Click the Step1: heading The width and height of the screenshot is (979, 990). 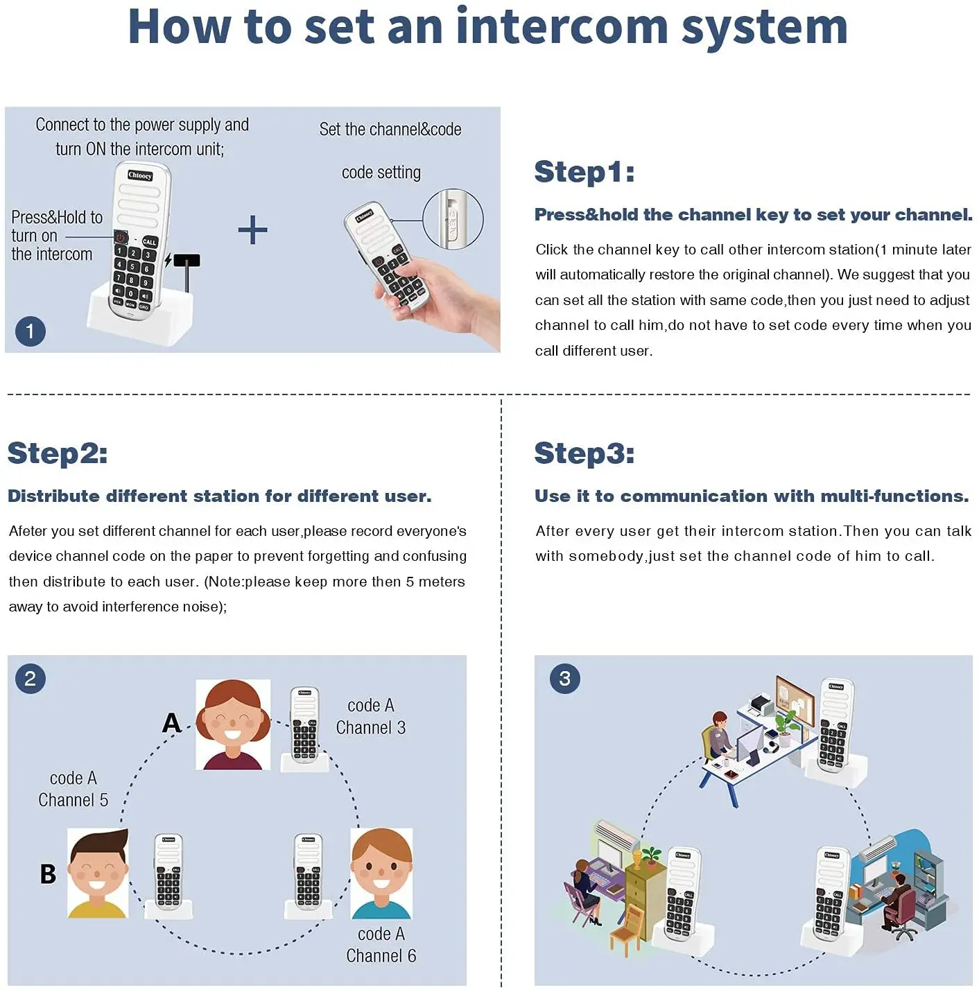(x=584, y=172)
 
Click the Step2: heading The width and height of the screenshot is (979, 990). (x=58, y=453)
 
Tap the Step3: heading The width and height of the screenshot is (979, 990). (x=584, y=453)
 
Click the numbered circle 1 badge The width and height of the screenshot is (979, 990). (x=30, y=331)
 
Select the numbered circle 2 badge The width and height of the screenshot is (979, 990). (x=30, y=679)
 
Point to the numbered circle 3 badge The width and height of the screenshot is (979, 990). (x=564, y=679)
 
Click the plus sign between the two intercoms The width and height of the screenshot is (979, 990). (x=252, y=230)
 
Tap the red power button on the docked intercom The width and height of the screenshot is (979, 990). (x=121, y=238)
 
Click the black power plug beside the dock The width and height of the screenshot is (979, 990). (x=187, y=261)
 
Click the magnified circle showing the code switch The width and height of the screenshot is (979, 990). (x=453, y=219)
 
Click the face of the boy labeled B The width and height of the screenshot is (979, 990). (x=98, y=869)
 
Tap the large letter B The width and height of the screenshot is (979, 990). (x=48, y=874)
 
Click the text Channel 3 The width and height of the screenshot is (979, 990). (x=371, y=728)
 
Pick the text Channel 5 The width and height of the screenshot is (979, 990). (x=73, y=800)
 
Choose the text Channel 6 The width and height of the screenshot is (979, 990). (x=381, y=956)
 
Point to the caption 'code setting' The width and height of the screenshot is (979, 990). (x=381, y=173)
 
